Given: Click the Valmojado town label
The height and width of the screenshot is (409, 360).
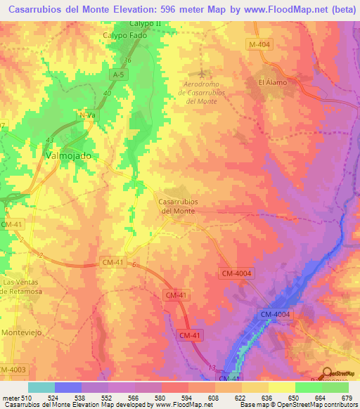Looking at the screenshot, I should pos(68,155).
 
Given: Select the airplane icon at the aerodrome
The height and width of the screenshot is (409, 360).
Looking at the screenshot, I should pos(203,73).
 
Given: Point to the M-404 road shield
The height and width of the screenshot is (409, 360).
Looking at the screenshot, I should pos(259,45).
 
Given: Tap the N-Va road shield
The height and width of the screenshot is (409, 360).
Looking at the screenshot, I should pos(86,115).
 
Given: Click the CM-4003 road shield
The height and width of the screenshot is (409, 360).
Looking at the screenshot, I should pos(11,370).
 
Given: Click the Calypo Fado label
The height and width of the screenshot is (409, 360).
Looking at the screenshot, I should pos(124,34).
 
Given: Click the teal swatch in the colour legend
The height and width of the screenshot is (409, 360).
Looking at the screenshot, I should pos(41,387).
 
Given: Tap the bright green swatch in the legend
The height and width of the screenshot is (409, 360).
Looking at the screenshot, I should pos(308,387).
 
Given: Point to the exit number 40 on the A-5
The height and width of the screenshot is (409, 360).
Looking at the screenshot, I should pos(107,93).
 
